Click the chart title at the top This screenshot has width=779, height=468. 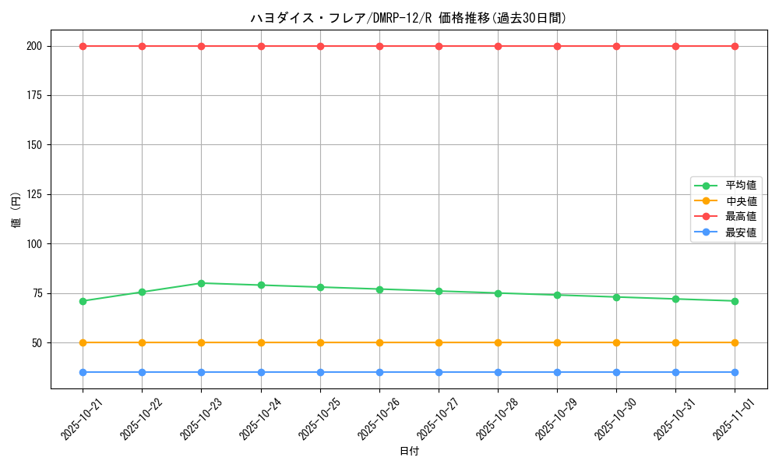[x=408, y=18]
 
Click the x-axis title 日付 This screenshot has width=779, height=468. [x=409, y=452]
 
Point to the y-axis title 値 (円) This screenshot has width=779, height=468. [x=16, y=211]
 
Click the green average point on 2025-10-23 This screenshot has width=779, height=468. [x=201, y=283]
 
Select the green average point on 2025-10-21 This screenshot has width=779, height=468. [x=83, y=301]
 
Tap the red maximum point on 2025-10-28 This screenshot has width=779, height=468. [x=498, y=46]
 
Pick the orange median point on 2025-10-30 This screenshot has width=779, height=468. [x=616, y=342]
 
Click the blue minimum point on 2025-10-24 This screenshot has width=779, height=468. [x=261, y=372]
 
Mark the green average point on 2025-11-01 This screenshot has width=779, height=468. [x=735, y=301]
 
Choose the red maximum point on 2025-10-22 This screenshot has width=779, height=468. [x=142, y=46]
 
